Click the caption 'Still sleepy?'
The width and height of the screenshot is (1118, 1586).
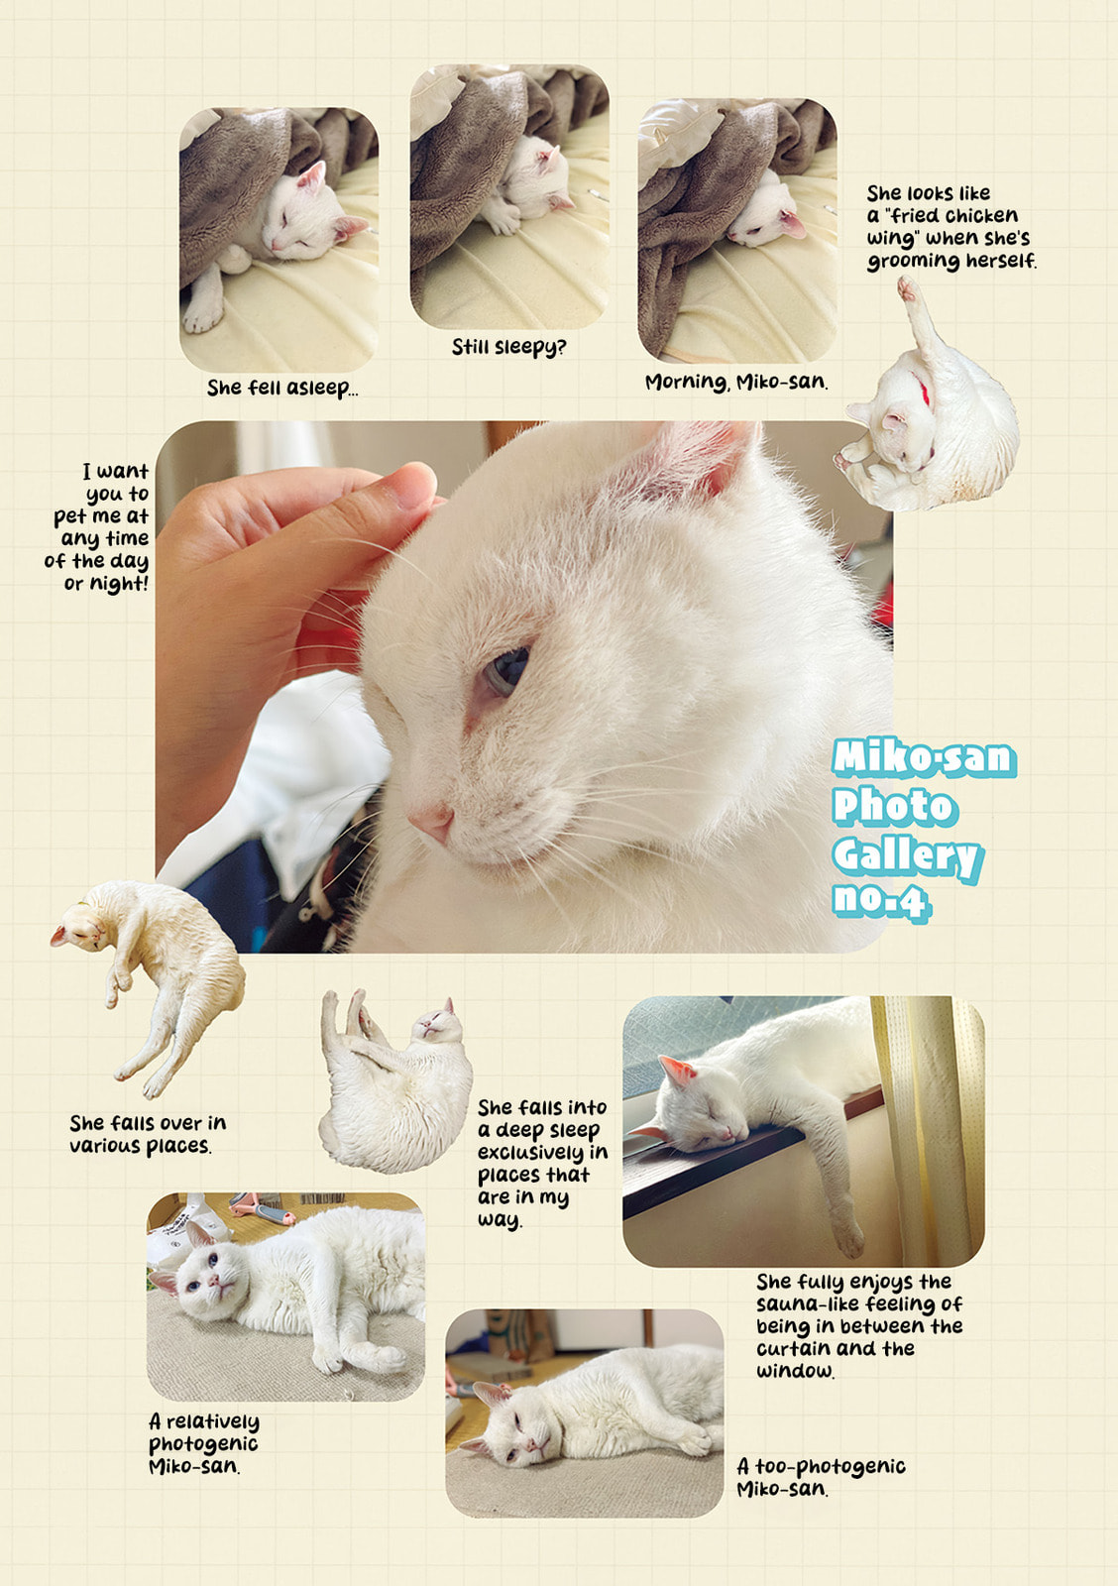tap(508, 347)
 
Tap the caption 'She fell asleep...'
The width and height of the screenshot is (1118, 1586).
tap(281, 388)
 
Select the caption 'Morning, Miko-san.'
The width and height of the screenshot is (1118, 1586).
tap(735, 382)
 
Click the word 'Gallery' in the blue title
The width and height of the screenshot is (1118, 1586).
tap(906, 854)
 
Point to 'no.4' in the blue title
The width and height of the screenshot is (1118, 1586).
tap(880, 900)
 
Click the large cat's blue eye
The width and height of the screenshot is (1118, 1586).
tap(505, 670)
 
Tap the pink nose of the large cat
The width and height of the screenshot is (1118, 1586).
tap(432, 820)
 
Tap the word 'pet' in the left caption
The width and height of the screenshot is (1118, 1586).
tap(71, 516)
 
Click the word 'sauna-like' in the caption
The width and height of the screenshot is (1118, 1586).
tap(804, 1303)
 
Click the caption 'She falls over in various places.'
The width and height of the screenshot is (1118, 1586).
tap(146, 1134)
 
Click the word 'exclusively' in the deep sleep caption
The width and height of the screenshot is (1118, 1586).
tap(530, 1152)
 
